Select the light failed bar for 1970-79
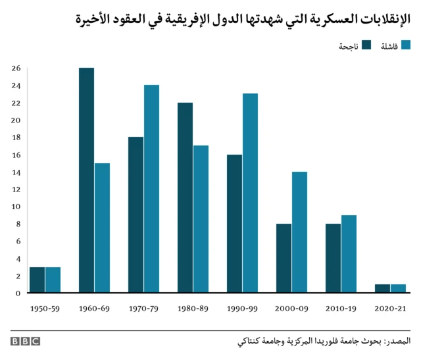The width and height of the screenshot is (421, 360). pyautogui.click(x=152, y=189)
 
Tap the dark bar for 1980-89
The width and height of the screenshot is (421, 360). pyautogui.click(x=185, y=197)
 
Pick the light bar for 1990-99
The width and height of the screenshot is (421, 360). pyautogui.click(x=250, y=193)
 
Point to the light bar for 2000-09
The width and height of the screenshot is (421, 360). pyautogui.click(x=299, y=232)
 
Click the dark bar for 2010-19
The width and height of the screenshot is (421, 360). pyautogui.click(x=333, y=258)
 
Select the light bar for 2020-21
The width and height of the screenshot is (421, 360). pyautogui.click(x=398, y=288)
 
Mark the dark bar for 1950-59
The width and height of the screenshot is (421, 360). pyautogui.click(x=37, y=280)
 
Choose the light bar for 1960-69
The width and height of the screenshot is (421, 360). pyautogui.click(x=102, y=228)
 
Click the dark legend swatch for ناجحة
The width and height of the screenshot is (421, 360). pyautogui.click(x=366, y=45)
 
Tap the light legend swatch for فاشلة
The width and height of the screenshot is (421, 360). pyautogui.click(x=406, y=45)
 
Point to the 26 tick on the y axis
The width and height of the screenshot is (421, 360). pyautogui.click(x=16, y=68)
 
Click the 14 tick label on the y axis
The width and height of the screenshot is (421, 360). pyautogui.click(x=16, y=172)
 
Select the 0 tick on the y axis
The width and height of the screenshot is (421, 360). pyautogui.click(x=18, y=293)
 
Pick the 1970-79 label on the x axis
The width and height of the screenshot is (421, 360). pyautogui.click(x=143, y=307)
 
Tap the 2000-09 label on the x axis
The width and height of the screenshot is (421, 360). pyautogui.click(x=291, y=307)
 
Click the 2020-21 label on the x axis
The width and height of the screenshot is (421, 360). pyautogui.click(x=390, y=307)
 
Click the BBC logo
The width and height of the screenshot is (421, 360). pyautogui.click(x=25, y=341)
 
